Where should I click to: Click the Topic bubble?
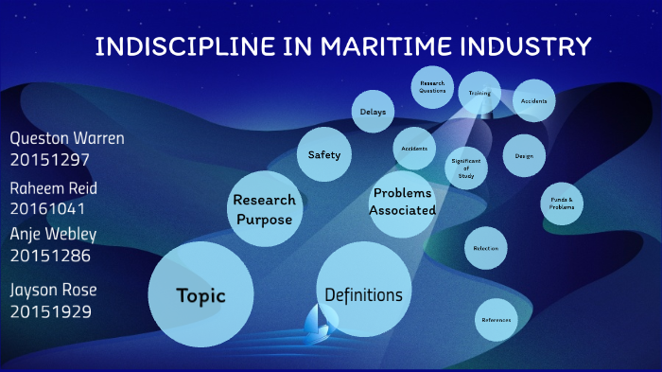point(200,295)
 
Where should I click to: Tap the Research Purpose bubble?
point(264,208)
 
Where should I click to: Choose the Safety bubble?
point(324,154)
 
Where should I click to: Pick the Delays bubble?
point(373,113)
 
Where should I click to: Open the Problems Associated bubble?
point(403,201)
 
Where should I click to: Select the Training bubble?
point(479,94)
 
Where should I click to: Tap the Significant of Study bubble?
point(466,167)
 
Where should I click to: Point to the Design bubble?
point(524,154)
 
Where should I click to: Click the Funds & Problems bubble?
point(562,204)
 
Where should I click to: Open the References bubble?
point(496,320)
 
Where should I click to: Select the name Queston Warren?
point(67,138)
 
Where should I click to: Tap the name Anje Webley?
point(53,233)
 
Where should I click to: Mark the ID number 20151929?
point(50,310)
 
